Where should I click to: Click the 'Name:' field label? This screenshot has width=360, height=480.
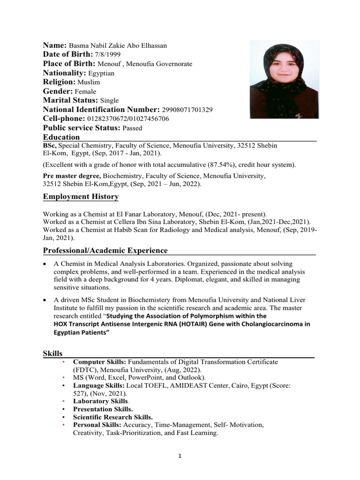pos(55,45)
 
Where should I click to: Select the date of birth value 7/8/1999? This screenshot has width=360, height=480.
pos(107,55)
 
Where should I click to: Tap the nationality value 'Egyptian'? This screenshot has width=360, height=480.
pos(101,73)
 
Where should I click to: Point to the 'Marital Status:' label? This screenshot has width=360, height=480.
pos(71,100)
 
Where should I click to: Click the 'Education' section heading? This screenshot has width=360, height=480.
pos(61,137)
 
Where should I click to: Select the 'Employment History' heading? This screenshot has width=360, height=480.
pos(81,196)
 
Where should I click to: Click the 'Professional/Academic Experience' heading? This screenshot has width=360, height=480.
pos(105,250)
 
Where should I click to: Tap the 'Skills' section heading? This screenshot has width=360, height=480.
pos(53,352)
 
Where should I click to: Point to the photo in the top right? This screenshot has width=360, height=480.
pos(284,79)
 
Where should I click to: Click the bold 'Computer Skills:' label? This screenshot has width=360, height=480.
pos(100,362)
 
